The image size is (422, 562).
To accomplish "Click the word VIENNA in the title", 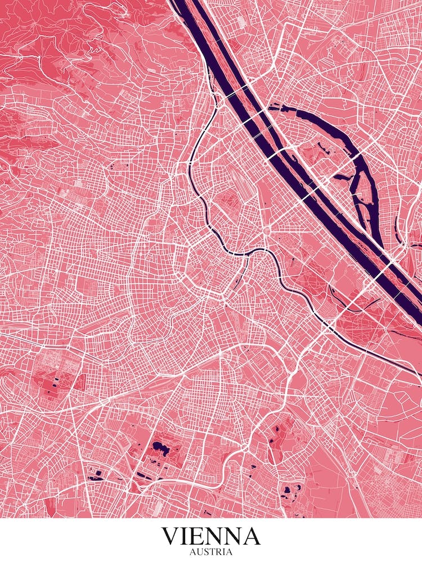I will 211,536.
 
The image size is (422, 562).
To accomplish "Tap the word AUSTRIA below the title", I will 211,552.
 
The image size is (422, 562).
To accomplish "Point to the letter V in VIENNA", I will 170,536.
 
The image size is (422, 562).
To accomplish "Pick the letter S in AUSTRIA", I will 205,552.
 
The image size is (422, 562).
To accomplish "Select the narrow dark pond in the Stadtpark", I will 239,277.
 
